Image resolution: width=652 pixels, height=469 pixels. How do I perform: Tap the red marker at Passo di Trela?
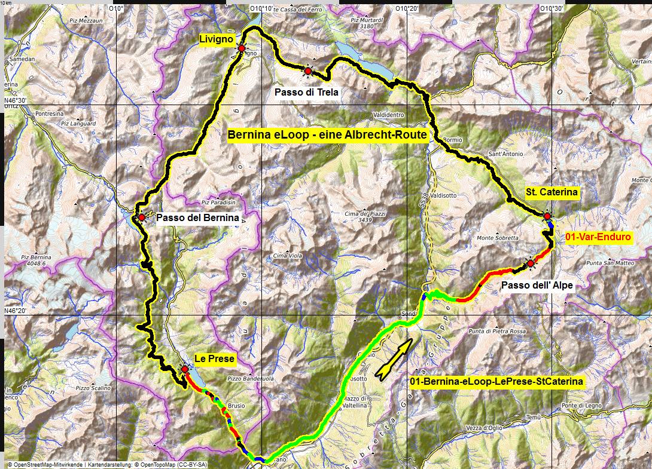(x=307, y=72)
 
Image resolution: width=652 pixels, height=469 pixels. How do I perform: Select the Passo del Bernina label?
(x=197, y=218)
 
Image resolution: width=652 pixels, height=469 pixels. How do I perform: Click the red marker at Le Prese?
(x=185, y=370)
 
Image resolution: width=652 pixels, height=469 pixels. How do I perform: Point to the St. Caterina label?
(x=552, y=192)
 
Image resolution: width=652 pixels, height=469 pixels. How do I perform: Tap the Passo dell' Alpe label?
(x=537, y=286)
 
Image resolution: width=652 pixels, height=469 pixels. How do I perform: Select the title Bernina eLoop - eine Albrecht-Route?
(x=327, y=135)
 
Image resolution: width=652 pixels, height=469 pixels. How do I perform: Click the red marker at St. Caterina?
(x=547, y=216)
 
